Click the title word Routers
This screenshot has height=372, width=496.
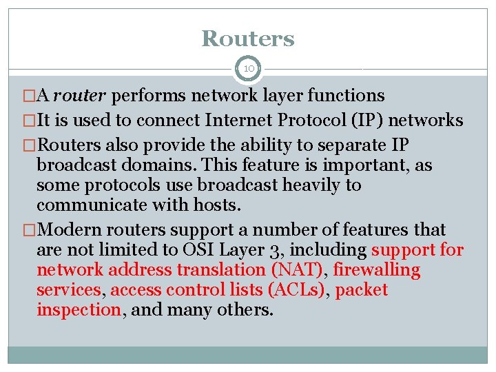(x=248, y=39)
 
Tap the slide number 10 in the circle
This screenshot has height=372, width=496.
(x=248, y=69)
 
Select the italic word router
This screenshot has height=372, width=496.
(x=82, y=95)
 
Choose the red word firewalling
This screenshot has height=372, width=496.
(x=377, y=270)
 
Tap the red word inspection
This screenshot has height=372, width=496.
(x=79, y=310)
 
